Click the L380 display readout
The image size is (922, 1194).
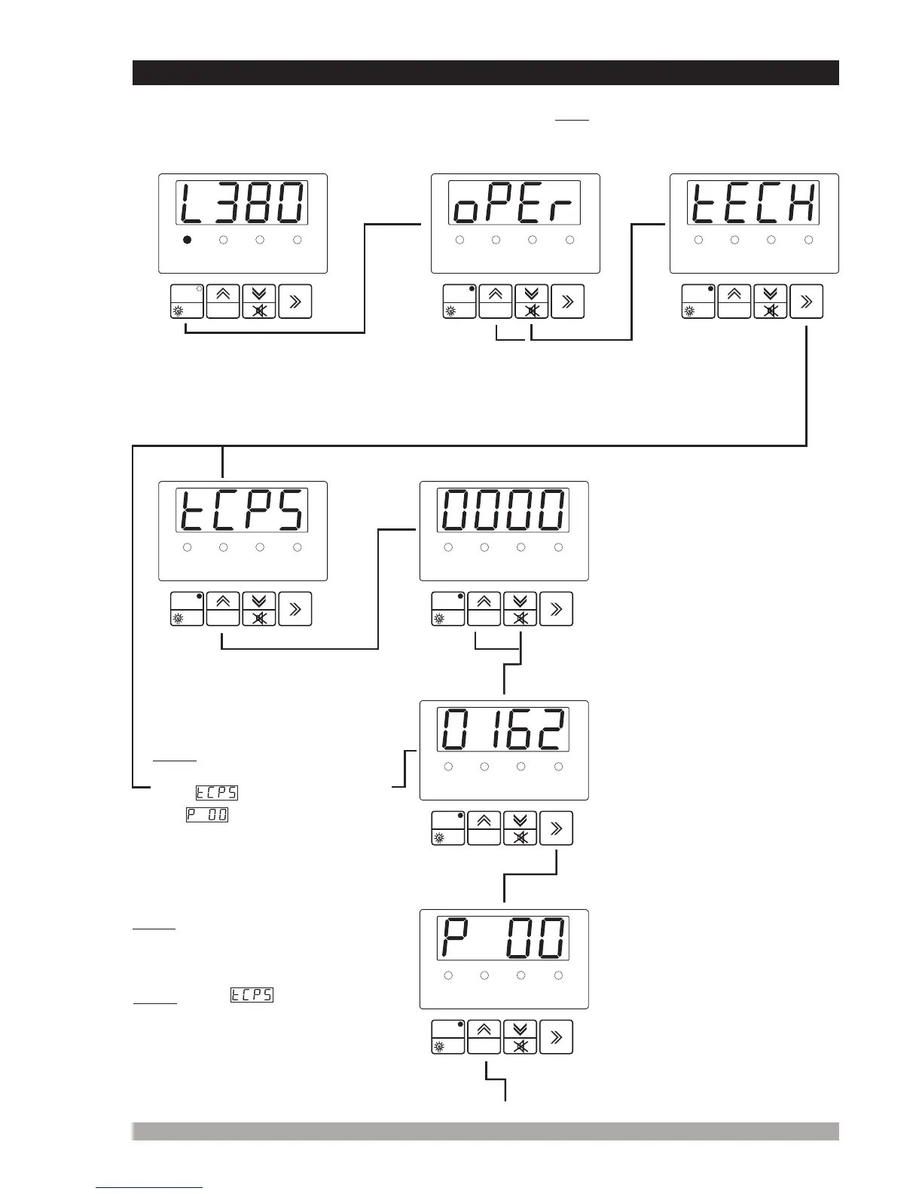click(242, 203)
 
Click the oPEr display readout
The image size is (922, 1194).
click(514, 203)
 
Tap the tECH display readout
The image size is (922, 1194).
click(753, 203)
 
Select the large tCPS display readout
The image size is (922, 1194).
click(242, 510)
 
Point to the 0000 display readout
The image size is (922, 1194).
click(503, 510)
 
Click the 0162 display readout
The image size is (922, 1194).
click(503, 730)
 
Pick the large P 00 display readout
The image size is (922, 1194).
click(503, 938)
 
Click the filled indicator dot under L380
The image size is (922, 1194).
click(187, 240)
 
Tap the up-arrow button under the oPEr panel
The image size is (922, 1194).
click(496, 301)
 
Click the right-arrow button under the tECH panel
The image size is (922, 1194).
click(806, 301)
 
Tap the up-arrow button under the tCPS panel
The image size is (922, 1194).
click(223, 608)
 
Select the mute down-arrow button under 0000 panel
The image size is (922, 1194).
click(520, 608)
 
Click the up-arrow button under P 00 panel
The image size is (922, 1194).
click(484, 1036)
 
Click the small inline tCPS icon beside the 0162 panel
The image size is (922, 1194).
click(217, 792)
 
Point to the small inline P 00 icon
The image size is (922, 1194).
click(207, 815)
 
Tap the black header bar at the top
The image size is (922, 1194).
click(485, 72)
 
